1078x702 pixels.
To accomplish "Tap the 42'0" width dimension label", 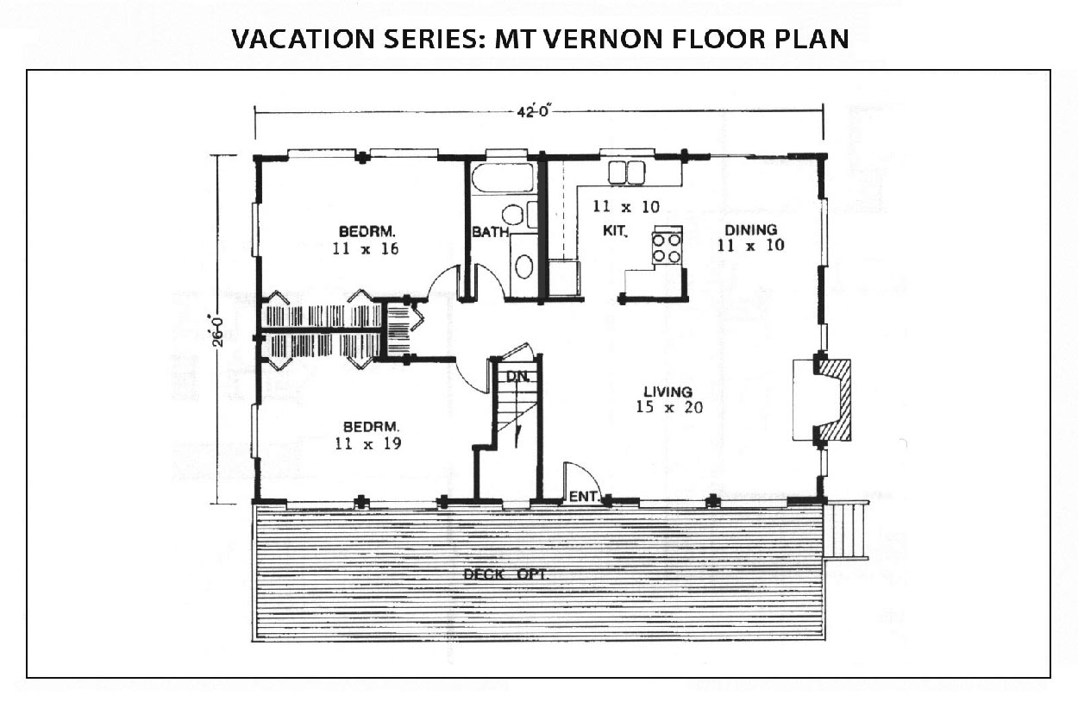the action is pyautogui.click(x=533, y=111).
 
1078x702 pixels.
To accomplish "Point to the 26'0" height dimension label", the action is pyautogui.click(x=217, y=330).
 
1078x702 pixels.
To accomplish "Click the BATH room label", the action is pyautogui.click(x=491, y=232).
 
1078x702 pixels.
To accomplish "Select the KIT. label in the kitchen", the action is pyautogui.click(x=615, y=231).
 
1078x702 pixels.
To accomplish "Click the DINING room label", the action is pyautogui.click(x=751, y=229).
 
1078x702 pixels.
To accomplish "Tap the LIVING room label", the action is pyautogui.click(x=668, y=392).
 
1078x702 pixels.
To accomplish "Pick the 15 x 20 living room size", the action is pyautogui.click(x=669, y=407).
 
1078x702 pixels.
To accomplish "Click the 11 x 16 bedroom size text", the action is pyautogui.click(x=366, y=248).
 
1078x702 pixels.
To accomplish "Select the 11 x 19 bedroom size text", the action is pyautogui.click(x=368, y=443).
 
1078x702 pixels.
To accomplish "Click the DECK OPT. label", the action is pyautogui.click(x=505, y=574).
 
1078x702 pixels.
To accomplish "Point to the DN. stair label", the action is pyautogui.click(x=517, y=376).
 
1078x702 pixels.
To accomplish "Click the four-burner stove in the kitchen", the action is pyautogui.click(x=667, y=246).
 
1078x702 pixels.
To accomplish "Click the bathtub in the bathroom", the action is pyautogui.click(x=503, y=179).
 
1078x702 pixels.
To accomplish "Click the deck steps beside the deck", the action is pyautogui.click(x=846, y=530).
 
